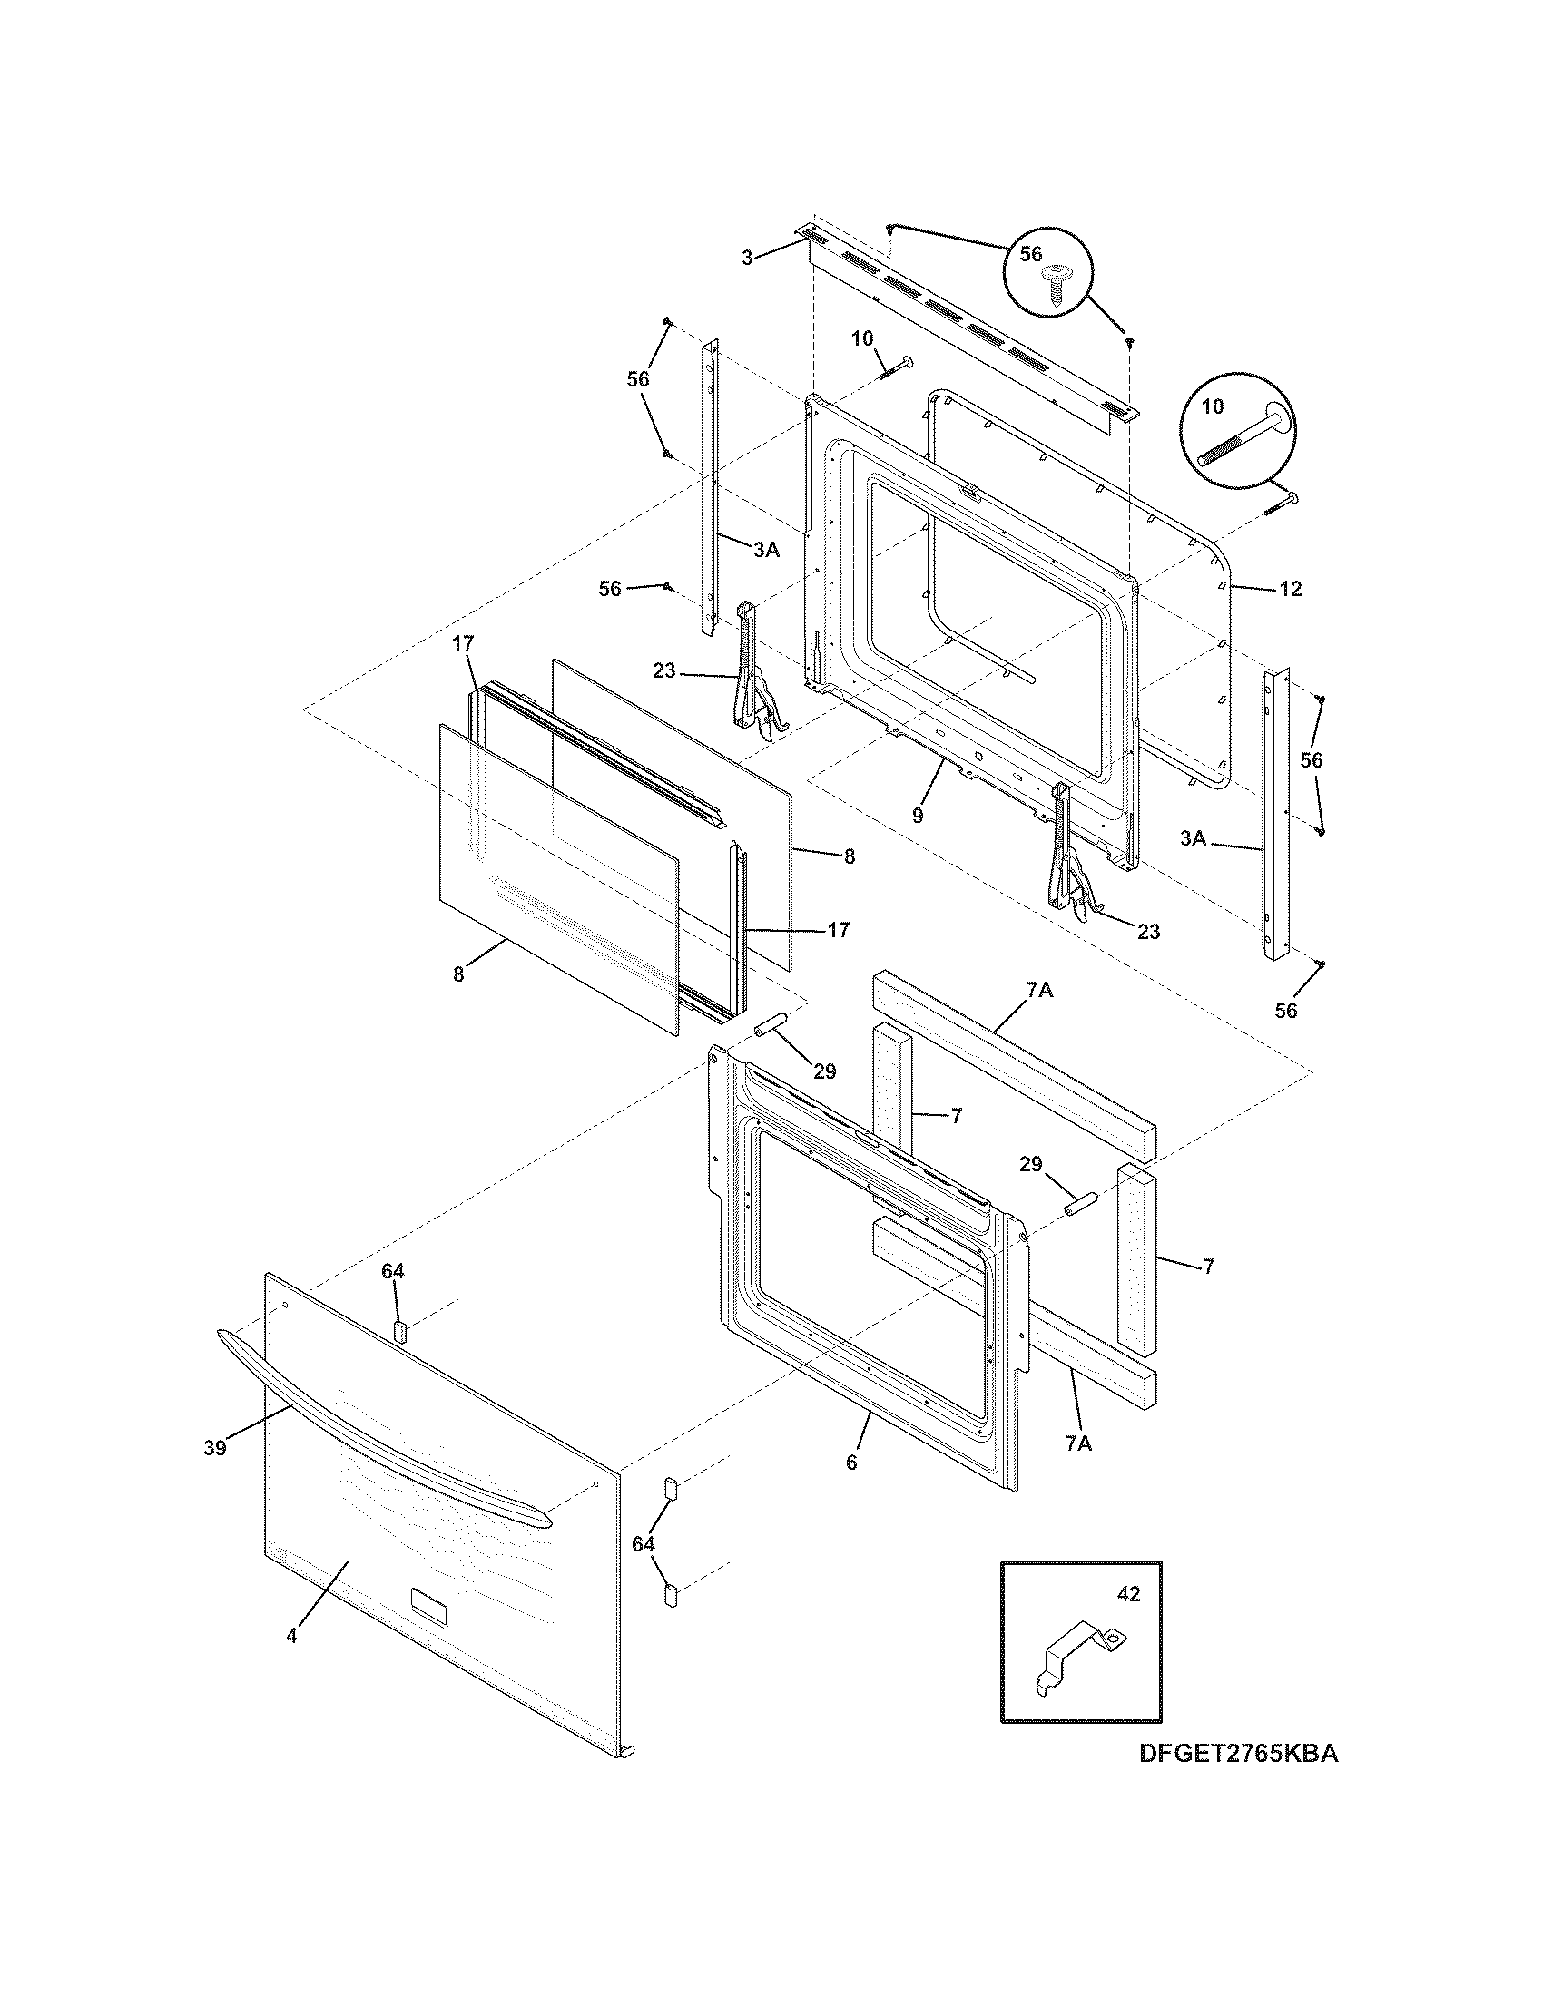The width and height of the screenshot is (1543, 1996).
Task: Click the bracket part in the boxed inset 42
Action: tap(1077, 1652)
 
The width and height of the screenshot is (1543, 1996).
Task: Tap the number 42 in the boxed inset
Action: tap(1129, 1593)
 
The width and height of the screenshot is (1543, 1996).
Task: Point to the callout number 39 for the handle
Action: tap(215, 1473)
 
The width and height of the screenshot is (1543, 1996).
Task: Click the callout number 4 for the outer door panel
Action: tap(291, 1636)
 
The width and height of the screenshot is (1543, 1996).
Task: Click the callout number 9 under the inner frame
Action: tap(918, 815)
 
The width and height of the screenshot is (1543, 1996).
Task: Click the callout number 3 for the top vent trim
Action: tap(747, 258)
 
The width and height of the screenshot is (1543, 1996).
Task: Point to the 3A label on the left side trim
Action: tap(766, 549)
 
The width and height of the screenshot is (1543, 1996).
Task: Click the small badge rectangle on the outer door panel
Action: tap(429, 1607)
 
